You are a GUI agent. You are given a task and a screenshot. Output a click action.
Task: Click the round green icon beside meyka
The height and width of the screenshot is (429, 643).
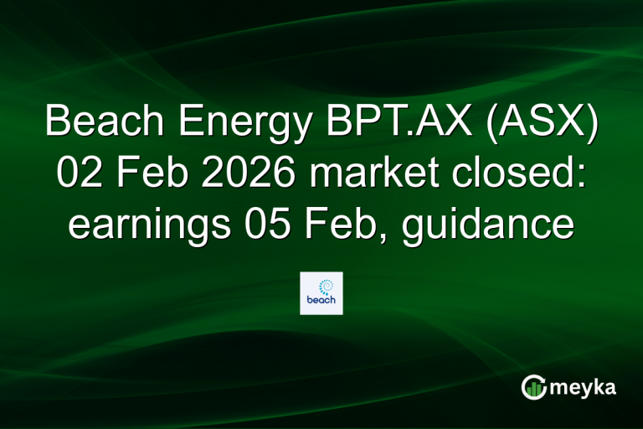pyautogui.click(x=532, y=387)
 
